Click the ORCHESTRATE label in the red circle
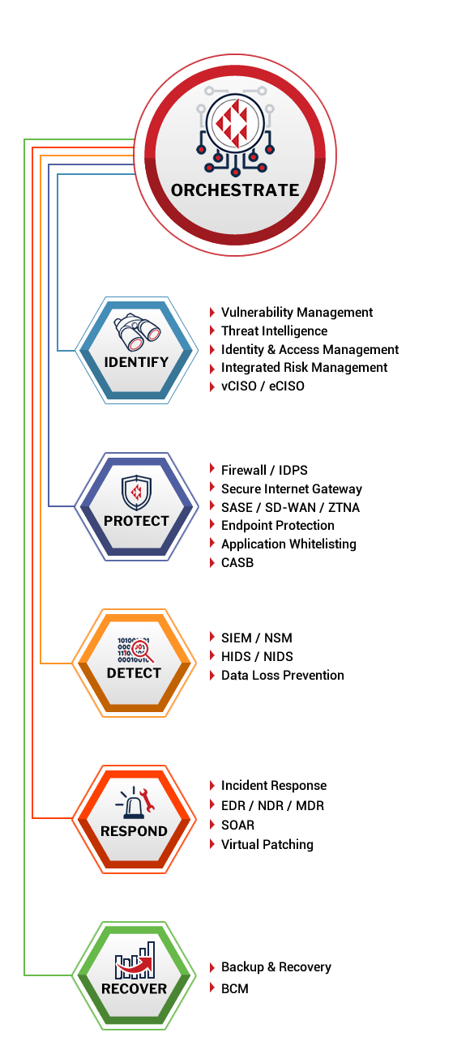pos(235,190)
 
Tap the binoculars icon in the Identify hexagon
pos(137,331)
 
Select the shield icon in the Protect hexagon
pos(136,493)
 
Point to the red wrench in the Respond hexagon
pos(147,800)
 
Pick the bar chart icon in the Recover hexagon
pos(135,959)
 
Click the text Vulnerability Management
pos(297,312)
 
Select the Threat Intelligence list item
pos(274,331)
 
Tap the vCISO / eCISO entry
pos(263,386)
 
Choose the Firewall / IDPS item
pos(264,470)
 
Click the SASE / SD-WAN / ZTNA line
pos(290,507)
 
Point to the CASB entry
pos(237,562)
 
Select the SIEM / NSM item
pos(257,638)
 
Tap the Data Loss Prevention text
pos(283,675)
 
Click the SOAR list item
pos(237,825)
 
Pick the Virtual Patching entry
pos(267,844)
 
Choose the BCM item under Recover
pos(235,988)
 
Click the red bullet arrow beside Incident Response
pos(212,785)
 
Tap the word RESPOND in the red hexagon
pos(135,831)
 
